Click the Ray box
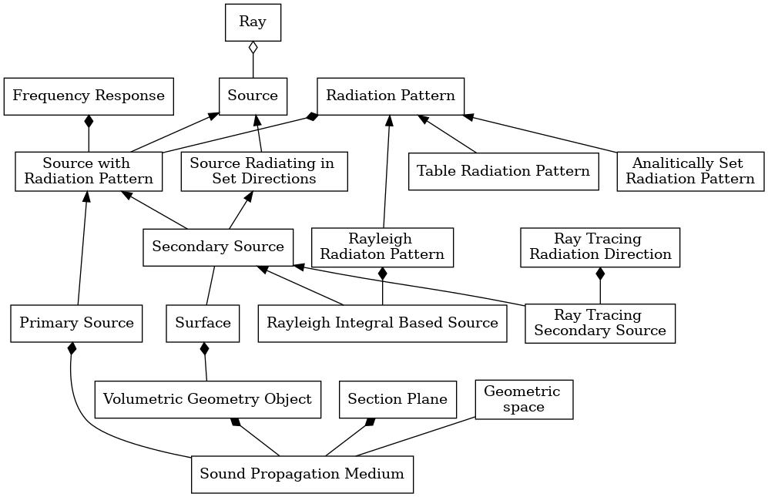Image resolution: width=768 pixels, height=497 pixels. coord(253,22)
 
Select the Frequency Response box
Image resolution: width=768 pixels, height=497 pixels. coord(89,96)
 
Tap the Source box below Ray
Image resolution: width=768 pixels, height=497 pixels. coord(253,96)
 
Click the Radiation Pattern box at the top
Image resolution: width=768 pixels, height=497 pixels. coord(391,96)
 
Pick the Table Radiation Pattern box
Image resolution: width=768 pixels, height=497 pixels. coord(504,172)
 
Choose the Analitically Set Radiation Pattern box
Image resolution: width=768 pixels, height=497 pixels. coord(690,172)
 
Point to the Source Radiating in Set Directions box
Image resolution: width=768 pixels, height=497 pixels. coord(264,172)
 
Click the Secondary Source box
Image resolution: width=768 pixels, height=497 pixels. coord(218,247)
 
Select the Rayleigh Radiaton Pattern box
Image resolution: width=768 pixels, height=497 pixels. coord(382,247)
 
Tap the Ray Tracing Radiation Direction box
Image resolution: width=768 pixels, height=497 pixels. coord(600,247)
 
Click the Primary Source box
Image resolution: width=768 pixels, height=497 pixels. coord(76,324)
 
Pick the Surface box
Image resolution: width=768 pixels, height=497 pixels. coord(203,324)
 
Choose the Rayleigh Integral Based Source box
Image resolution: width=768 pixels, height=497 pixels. coord(382,324)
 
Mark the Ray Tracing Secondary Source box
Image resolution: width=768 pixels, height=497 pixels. coord(600,324)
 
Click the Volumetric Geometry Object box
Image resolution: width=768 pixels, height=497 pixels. coord(208,399)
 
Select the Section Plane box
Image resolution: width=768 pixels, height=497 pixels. coord(397,399)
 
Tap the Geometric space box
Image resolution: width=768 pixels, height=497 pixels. coord(524,399)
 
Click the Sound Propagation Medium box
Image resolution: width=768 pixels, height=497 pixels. coord(302,475)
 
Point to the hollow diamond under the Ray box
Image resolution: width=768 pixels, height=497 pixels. coord(253,48)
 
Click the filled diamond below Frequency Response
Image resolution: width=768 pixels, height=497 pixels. coord(89,122)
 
